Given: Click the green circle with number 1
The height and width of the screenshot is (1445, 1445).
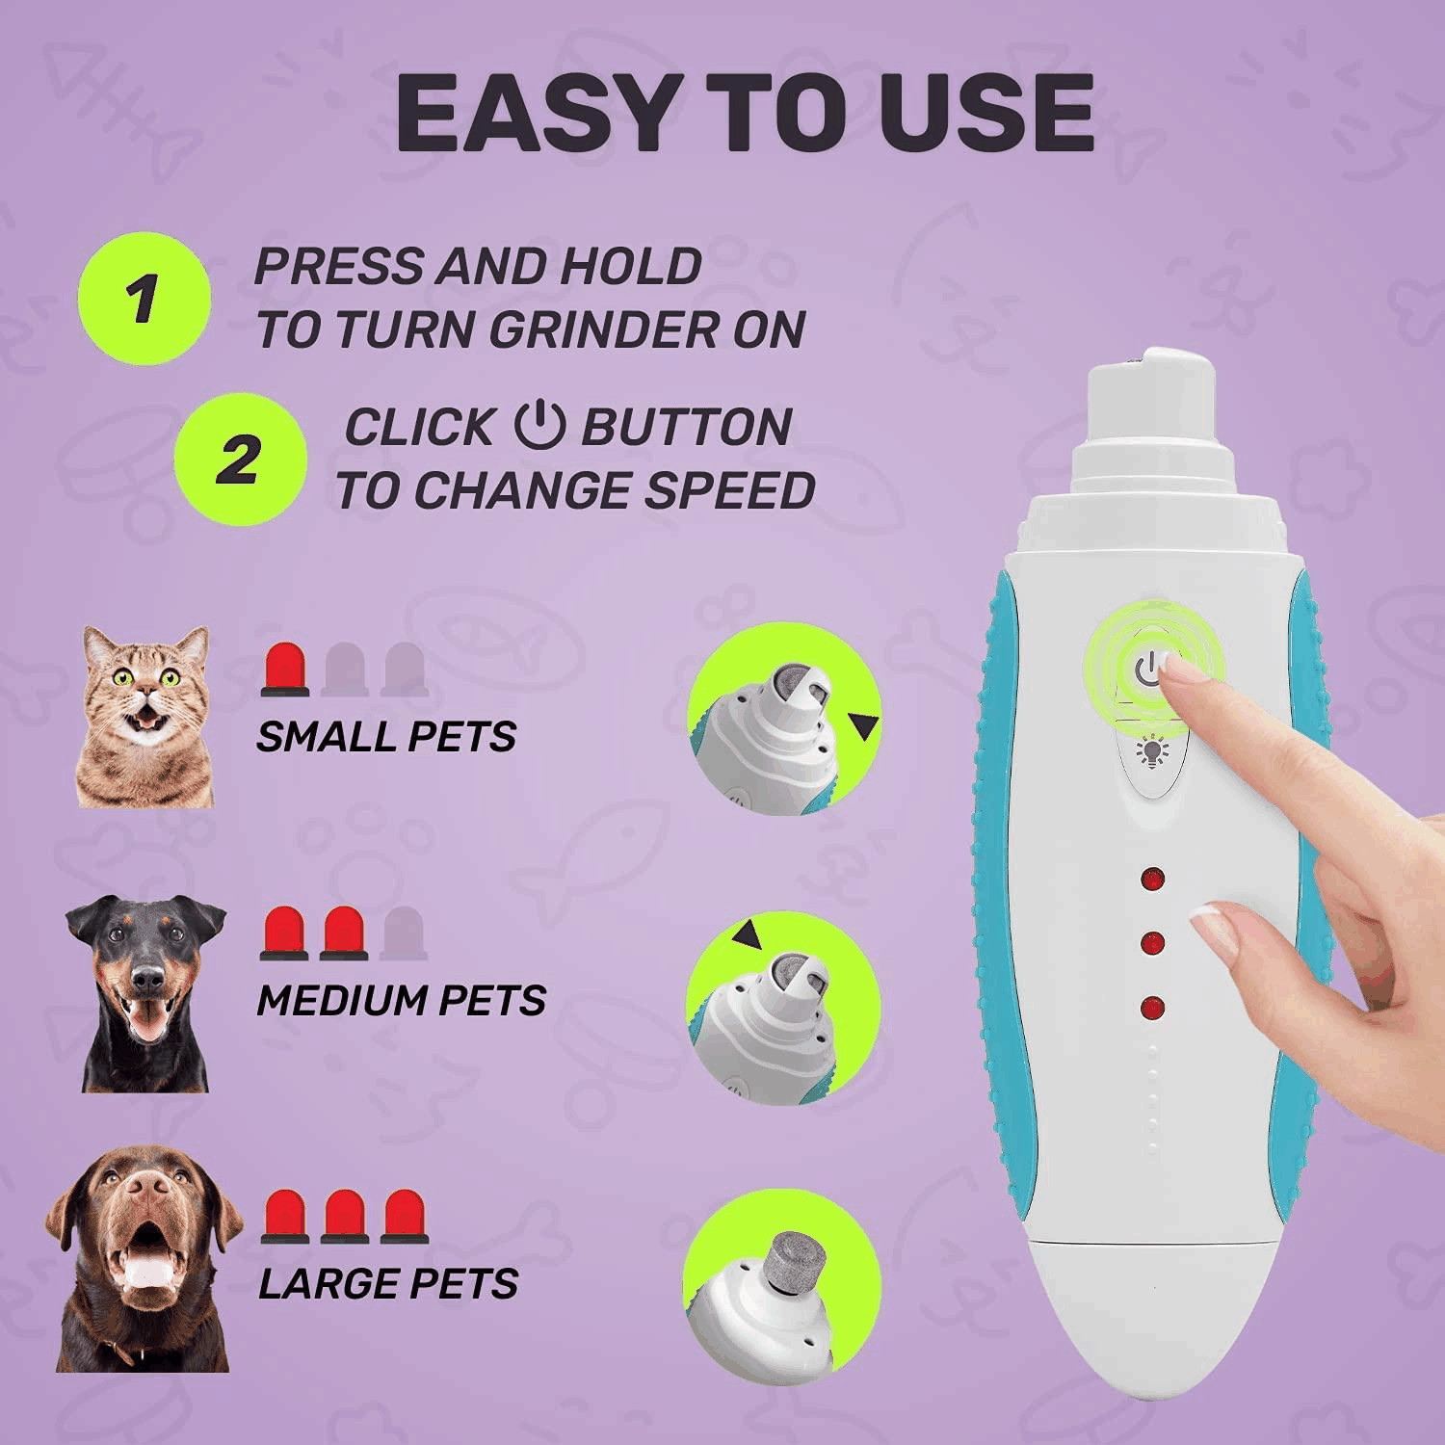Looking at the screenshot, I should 144,299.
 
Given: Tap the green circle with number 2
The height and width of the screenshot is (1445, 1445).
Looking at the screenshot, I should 240,459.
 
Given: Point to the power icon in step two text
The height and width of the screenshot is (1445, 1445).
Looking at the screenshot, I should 539,426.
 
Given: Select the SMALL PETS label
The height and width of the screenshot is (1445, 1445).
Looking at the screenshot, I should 385,737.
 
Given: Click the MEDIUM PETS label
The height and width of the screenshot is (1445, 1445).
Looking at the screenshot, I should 401,1001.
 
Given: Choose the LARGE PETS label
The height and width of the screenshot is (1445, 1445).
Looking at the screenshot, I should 388,1284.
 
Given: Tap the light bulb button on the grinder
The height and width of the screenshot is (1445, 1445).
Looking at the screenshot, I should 1150,751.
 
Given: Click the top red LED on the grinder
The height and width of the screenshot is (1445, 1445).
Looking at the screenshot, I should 1152,879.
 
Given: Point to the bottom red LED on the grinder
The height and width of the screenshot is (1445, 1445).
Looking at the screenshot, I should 1152,1009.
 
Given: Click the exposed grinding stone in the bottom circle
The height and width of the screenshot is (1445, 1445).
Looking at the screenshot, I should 792,1262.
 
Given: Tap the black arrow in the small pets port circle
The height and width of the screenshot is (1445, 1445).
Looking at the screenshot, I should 864,726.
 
